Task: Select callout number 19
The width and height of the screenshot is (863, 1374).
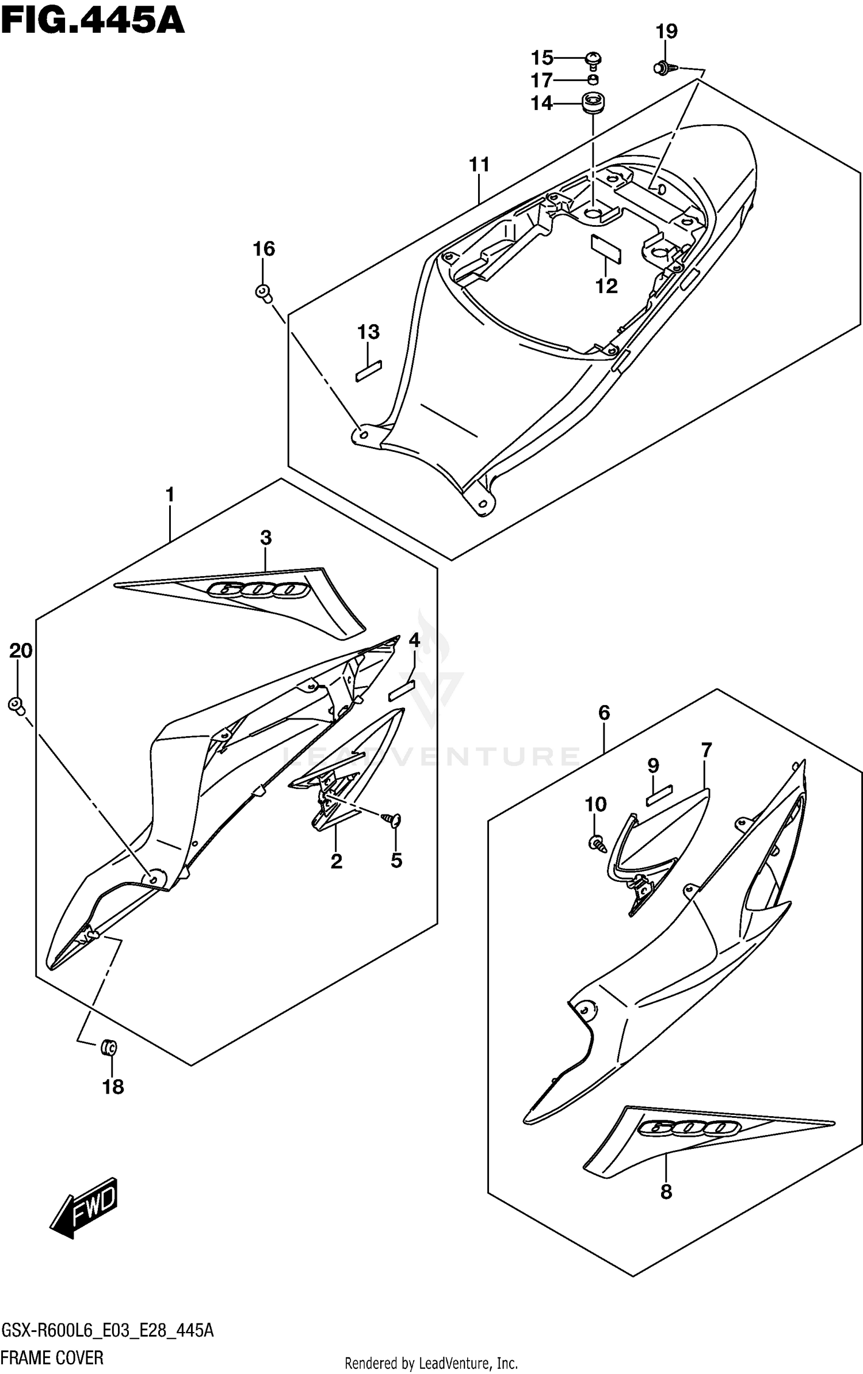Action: tap(667, 31)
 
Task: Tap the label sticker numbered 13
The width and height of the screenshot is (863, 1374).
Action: tap(368, 371)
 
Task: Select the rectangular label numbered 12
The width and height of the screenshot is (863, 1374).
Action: tap(606, 248)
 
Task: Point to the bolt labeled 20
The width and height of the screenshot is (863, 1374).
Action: tap(17, 705)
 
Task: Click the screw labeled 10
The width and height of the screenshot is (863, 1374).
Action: tap(596, 844)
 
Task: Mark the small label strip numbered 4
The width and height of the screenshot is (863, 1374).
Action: tap(402, 690)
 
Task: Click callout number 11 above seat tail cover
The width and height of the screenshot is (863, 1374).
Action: tap(479, 165)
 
